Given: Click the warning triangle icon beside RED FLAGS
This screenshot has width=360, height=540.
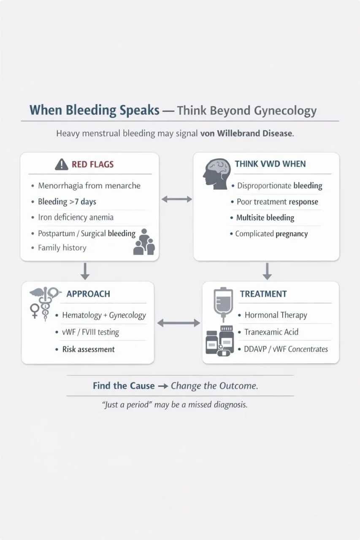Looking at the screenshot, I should pos(62,164).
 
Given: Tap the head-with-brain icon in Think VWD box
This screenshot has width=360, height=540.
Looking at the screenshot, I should pos(216,171).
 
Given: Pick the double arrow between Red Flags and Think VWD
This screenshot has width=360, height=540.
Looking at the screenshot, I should pos(176,199).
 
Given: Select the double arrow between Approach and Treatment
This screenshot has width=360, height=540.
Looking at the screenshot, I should pos(178,323).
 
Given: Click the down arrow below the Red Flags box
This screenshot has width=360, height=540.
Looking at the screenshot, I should pos(85,271).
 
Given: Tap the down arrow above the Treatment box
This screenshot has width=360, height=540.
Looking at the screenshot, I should pos(267,271).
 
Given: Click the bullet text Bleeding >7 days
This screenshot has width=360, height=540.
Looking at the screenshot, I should pos(67,202).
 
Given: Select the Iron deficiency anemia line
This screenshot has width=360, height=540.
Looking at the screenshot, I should pos(76,218).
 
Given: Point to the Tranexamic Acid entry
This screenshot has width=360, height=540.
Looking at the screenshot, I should pos(271,332).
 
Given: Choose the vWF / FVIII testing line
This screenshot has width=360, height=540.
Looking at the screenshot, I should pos(90,332).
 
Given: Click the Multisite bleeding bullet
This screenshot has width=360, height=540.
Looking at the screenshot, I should pos(265,218).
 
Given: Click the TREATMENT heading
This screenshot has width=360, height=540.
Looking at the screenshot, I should pos(263,294).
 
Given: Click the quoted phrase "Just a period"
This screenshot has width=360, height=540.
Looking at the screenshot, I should pos(127,405).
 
